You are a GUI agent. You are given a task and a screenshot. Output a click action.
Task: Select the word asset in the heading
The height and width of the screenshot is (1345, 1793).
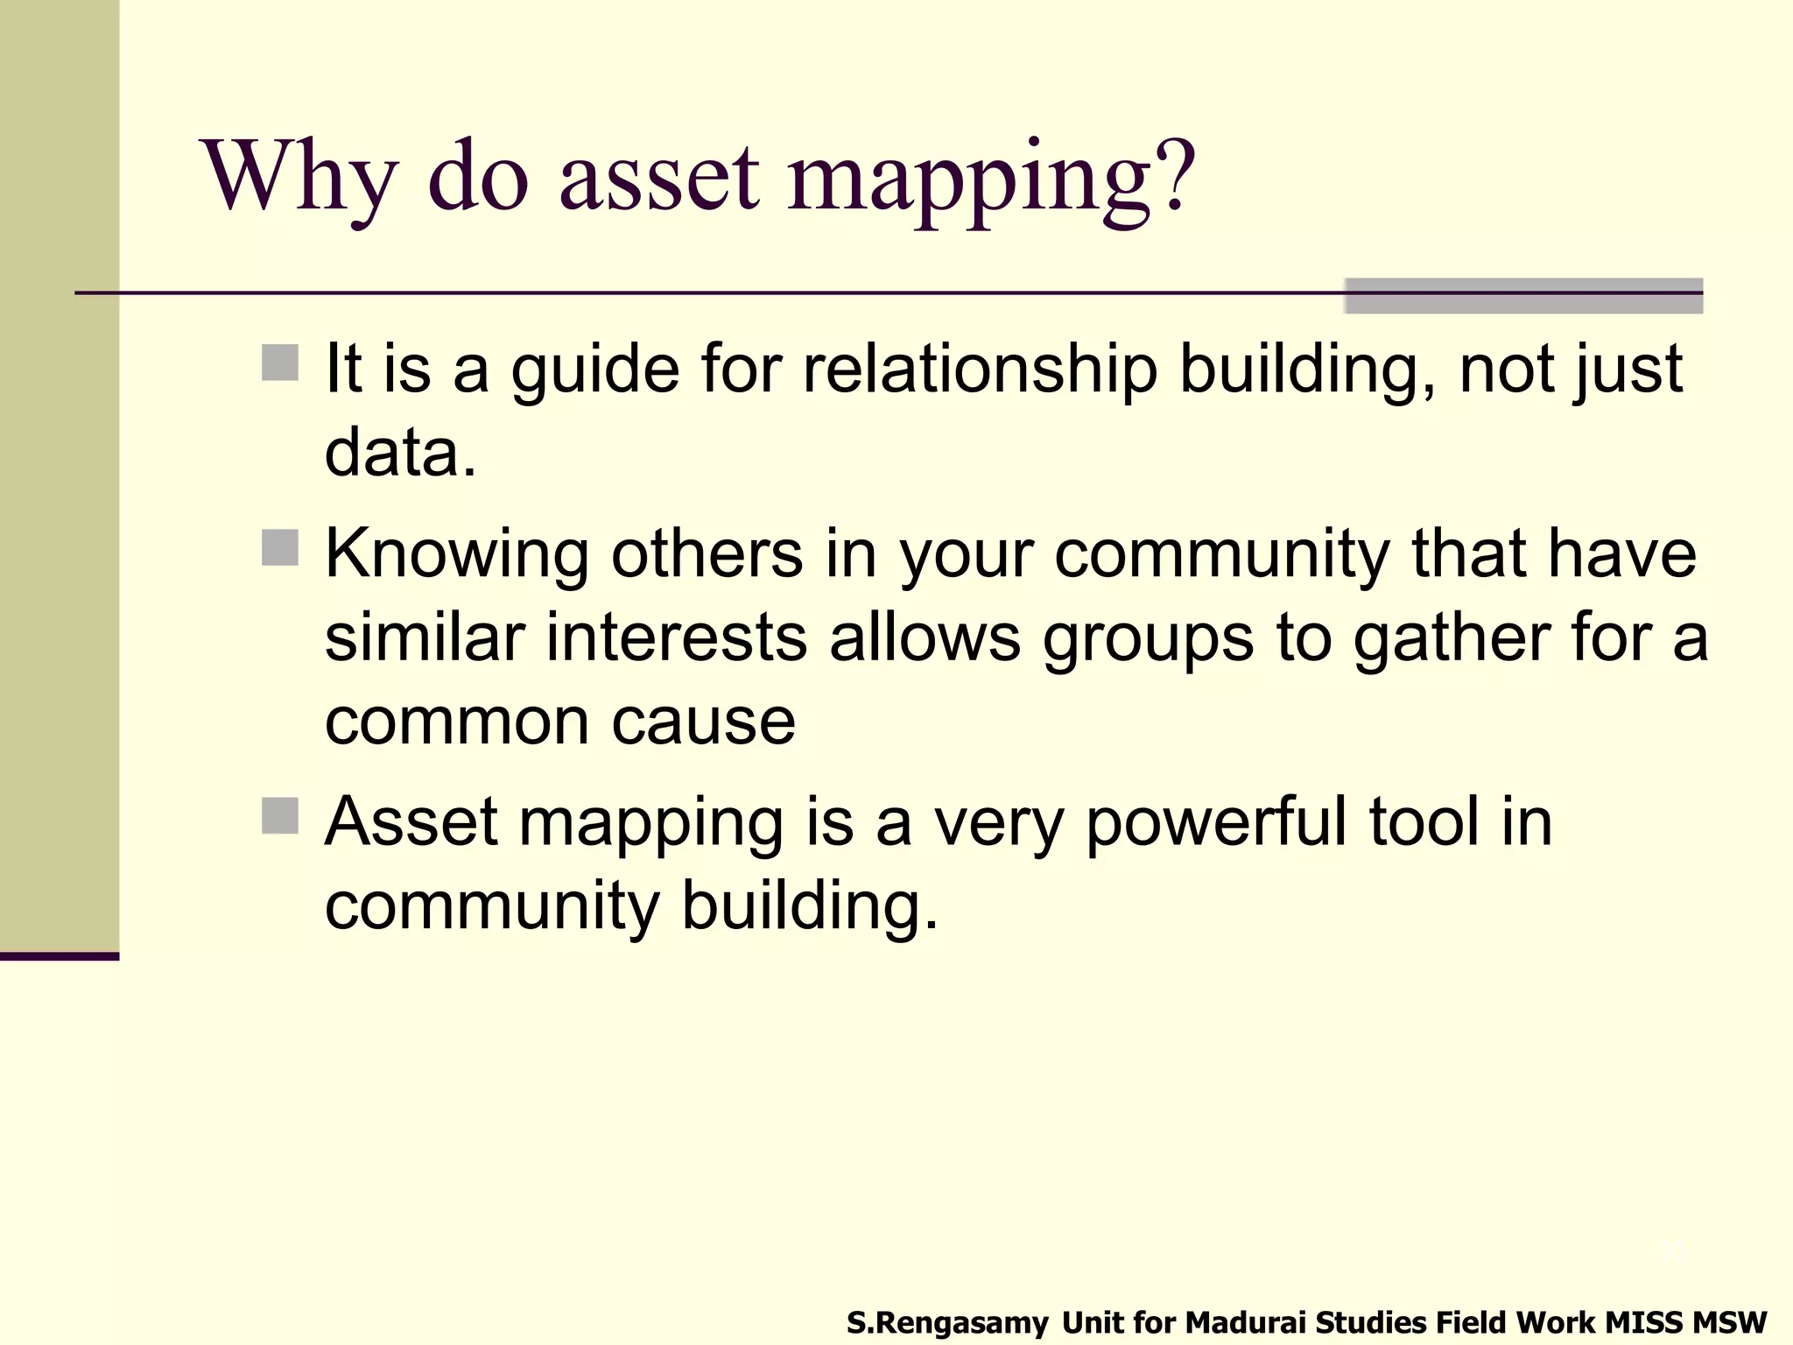(x=658, y=178)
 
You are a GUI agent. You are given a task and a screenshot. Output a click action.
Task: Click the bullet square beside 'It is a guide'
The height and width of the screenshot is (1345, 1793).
(x=280, y=363)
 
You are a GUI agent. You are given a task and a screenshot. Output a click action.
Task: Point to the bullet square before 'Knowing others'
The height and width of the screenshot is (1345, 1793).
(x=280, y=547)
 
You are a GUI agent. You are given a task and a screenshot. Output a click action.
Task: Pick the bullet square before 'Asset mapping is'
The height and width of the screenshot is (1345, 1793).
(x=280, y=815)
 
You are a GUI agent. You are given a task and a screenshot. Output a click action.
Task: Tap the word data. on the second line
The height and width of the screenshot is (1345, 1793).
(x=400, y=453)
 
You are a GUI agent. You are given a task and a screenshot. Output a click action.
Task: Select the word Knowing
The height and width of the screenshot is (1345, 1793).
(x=457, y=556)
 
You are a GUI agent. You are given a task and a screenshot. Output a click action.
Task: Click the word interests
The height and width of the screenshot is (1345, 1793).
(x=676, y=637)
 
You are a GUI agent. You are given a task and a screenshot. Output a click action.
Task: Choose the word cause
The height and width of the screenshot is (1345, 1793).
(x=703, y=723)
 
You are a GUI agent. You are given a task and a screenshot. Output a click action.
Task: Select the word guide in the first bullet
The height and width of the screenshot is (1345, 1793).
(x=595, y=370)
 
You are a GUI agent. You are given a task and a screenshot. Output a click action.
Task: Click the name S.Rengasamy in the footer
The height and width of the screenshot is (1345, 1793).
(x=946, y=1322)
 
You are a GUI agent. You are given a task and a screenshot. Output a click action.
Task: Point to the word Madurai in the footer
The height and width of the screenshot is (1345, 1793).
(x=1246, y=1321)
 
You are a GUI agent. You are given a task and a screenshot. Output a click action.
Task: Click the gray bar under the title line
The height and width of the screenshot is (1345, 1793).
(x=1522, y=296)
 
